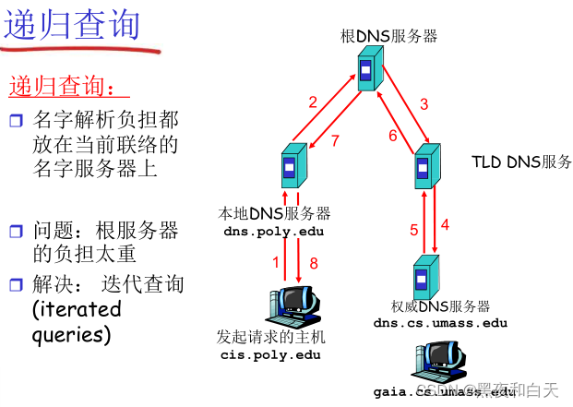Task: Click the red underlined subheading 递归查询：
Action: coord(62,87)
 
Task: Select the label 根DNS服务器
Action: coord(388,37)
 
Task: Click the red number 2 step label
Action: coord(313,102)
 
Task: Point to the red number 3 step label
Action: coord(424,104)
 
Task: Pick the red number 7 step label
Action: coord(335,140)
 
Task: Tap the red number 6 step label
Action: coord(392,137)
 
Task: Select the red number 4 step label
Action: coord(445,224)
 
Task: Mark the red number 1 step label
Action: coord(275,263)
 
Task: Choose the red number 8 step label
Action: coord(313,263)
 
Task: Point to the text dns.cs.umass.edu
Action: coord(440,323)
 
